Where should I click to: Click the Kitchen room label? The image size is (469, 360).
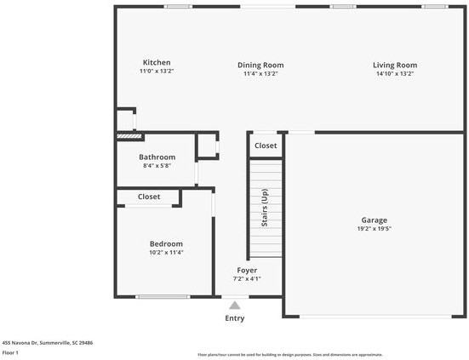(157, 62)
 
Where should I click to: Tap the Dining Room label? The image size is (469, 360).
(260, 65)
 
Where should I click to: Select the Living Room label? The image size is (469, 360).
(394, 65)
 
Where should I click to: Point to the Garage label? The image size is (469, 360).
(375, 219)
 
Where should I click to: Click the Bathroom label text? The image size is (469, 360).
(157, 157)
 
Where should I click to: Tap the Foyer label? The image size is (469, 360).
(247, 270)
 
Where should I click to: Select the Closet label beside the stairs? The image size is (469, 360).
(266, 146)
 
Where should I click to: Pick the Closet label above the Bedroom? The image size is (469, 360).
(149, 197)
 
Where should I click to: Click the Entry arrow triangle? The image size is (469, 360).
(235, 304)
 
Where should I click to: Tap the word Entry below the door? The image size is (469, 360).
(234, 318)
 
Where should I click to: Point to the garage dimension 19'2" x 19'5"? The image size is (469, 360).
(375, 228)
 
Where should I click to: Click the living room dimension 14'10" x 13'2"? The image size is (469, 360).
(394, 74)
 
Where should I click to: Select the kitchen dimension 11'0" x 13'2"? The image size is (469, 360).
(157, 71)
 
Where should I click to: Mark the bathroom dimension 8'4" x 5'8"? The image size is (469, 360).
(157, 166)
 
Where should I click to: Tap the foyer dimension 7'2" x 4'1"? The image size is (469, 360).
(247, 278)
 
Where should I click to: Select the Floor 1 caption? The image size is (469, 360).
(11, 352)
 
